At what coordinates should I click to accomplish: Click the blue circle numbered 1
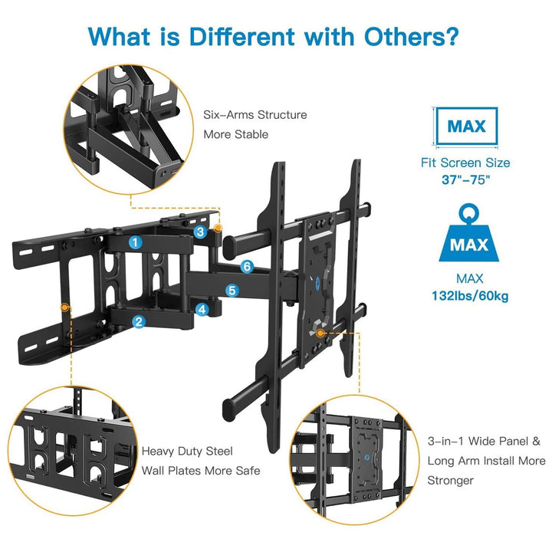pos(135,242)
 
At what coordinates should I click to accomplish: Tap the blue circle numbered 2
pos(139,321)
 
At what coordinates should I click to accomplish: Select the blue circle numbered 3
pos(200,232)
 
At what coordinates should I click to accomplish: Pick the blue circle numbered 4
pos(202,310)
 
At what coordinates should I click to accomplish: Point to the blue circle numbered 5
pos(232,291)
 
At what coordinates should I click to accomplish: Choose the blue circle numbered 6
pos(247,267)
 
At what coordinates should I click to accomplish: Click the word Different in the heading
pos(242,36)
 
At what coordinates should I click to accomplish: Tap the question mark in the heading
pos(450,36)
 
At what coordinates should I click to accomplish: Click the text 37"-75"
pos(466,180)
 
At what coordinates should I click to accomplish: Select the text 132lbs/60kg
pos(470,295)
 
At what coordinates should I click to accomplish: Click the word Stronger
pos(451,481)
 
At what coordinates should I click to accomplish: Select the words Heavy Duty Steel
pos(187,452)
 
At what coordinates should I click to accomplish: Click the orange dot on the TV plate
pos(320,333)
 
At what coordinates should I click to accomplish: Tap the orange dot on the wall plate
pos(64,307)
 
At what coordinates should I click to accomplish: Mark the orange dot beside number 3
pos(219,228)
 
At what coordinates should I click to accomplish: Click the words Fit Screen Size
pos(465,163)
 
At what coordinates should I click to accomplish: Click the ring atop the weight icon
pos(469,212)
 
